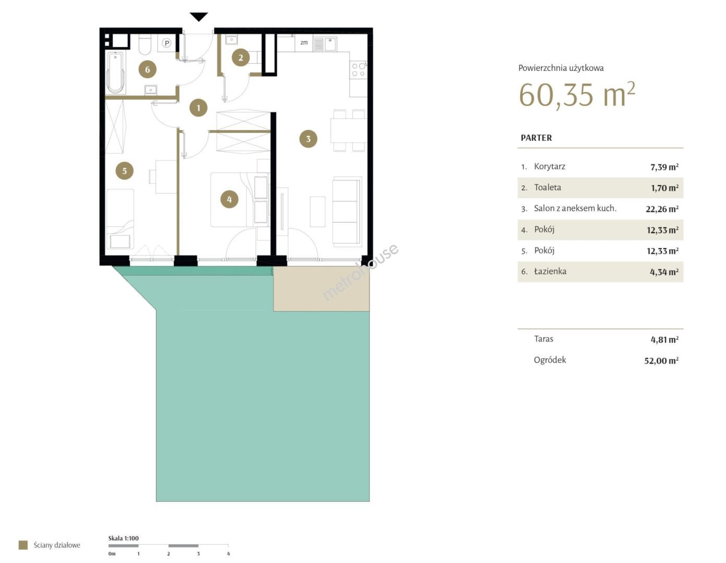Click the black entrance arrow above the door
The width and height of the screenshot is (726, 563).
click(199, 17)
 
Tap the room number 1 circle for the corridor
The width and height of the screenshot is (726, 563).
click(199, 108)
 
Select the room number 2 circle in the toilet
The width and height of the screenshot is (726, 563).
click(241, 57)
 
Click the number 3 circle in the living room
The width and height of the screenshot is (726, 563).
click(308, 139)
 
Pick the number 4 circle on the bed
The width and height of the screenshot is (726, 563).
click(229, 200)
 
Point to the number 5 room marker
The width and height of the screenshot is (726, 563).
click(124, 171)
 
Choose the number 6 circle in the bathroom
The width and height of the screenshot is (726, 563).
click(147, 69)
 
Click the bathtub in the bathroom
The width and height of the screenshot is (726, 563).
click(116, 72)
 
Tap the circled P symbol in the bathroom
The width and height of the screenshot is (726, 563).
click(167, 43)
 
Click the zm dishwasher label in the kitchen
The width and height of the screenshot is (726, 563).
click(304, 42)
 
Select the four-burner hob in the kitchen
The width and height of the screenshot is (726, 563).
click(358, 70)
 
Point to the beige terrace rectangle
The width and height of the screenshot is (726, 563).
click(322, 289)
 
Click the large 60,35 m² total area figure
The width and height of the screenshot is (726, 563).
click(576, 94)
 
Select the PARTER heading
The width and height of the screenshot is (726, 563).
click(536, 138)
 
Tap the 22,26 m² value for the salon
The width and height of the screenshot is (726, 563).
click(662, 209)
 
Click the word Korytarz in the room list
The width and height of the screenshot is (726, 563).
click(550, 166)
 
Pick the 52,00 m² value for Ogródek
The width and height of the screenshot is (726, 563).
click(661, 360)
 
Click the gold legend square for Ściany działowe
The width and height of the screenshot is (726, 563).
click(23, 545)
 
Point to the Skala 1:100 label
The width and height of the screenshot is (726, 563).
click(124, 538)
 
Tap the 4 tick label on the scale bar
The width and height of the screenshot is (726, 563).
click(228, 554)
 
